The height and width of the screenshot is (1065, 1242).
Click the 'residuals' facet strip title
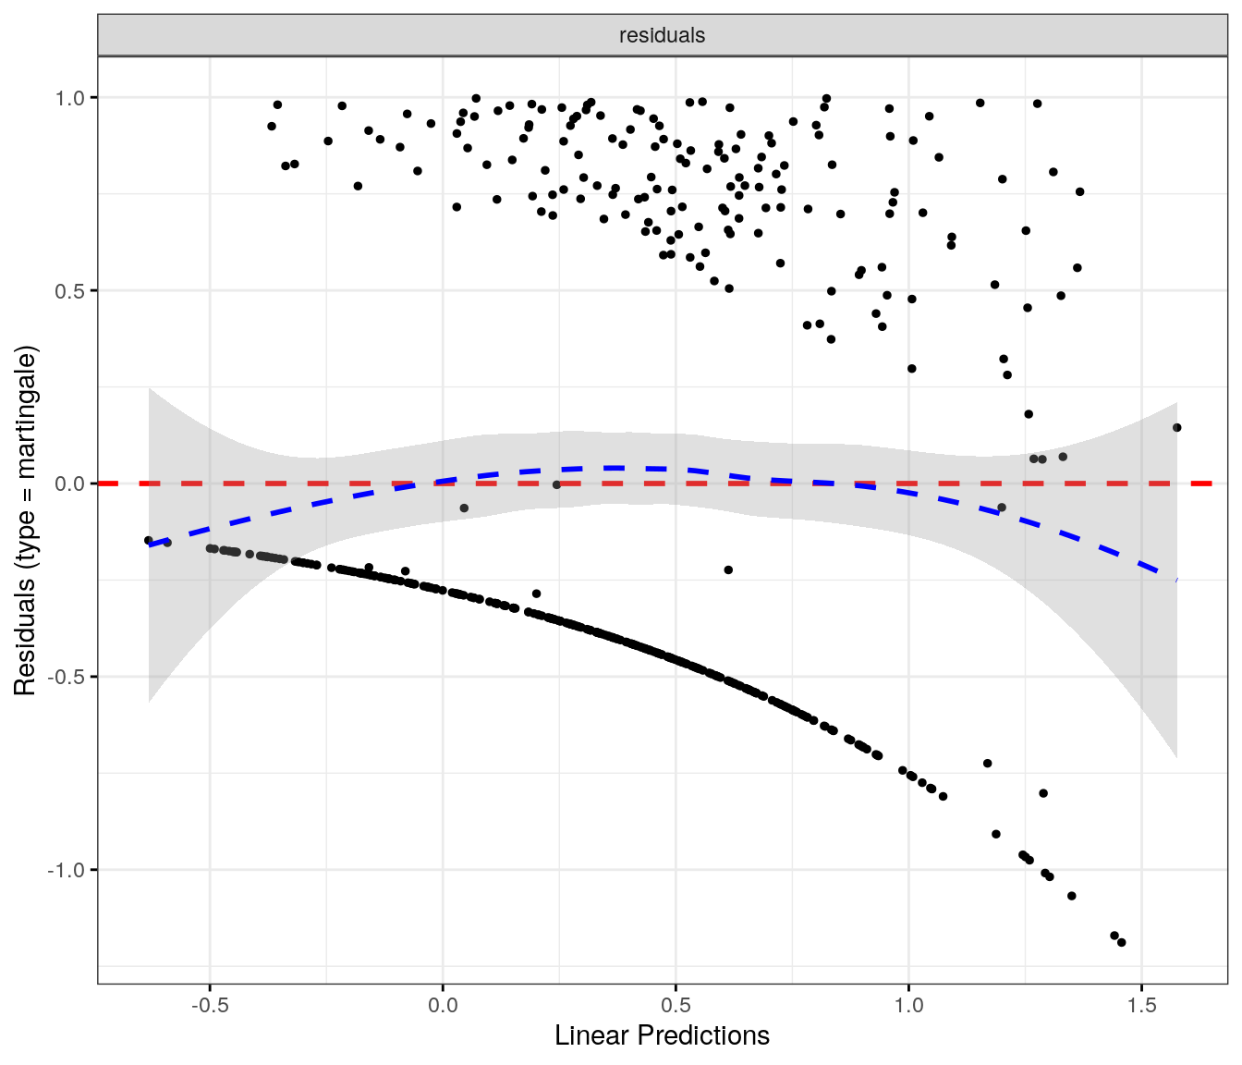(662, 35)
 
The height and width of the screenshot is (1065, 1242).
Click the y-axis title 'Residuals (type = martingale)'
(25, 520)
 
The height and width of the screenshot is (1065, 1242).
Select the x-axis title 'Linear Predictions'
(662, 1035)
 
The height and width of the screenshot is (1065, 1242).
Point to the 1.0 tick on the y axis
(71, 97)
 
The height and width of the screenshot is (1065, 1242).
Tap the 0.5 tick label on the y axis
(71, 290)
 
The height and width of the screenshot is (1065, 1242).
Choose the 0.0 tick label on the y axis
(71, 484)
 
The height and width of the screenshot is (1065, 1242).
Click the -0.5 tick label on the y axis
(68, 677)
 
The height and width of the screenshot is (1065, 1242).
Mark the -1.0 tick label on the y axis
(68, 870)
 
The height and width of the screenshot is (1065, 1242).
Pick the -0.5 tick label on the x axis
(210, 1006)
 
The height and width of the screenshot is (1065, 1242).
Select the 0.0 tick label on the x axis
(443, 1006)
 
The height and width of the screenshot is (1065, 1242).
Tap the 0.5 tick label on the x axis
(676, 1006)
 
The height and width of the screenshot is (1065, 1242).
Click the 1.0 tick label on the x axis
(908, 1006)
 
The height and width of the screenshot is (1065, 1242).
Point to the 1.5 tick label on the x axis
(1141, 1006)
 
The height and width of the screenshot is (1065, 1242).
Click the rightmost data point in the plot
(1176, 427)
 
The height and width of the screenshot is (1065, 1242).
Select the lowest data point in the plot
(1121, 942)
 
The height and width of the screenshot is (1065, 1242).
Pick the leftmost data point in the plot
(148, 540)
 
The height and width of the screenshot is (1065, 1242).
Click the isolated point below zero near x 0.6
(728, 570)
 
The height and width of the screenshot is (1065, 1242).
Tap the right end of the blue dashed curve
(1176, 580)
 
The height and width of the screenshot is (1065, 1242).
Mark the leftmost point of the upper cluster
(272, 126)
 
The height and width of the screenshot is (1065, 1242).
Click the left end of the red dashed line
(100, 484)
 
